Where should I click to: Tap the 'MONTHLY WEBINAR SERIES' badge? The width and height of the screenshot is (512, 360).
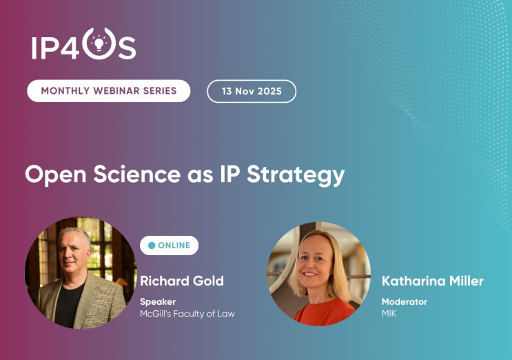[109, 91]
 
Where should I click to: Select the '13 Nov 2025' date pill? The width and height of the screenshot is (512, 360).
[252, 91]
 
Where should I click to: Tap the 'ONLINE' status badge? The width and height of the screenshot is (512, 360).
[169, 246]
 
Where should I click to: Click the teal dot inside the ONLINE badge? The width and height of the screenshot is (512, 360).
[152, 246]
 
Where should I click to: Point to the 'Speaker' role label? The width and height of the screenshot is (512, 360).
[158, 301]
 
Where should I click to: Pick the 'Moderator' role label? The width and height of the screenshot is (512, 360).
[404, 301]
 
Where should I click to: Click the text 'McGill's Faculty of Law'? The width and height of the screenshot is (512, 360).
[187, 314]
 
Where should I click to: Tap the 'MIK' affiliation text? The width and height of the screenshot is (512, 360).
[390, 314]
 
